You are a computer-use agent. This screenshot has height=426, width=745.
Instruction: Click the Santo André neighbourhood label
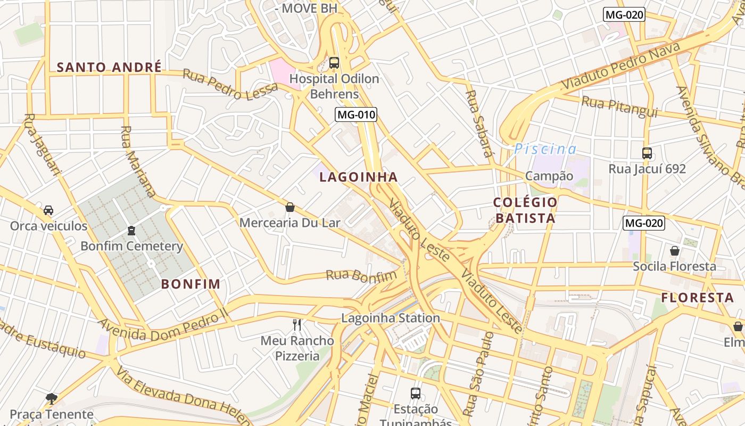(109, 67)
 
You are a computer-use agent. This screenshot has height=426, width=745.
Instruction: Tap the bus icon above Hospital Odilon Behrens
(334, 63)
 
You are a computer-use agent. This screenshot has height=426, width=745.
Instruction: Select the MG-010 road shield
(356, 114)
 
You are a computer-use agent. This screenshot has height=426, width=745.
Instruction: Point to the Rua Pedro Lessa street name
(230, 84)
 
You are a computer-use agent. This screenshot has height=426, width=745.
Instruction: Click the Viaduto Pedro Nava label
(620, 67)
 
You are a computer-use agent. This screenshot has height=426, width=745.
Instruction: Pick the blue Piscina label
(545, 149)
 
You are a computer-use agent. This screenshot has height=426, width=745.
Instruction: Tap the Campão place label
(549, 176)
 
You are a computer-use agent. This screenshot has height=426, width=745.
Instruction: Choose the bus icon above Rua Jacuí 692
(647, 153)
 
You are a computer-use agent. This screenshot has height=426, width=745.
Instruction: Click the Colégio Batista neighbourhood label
(525, 210)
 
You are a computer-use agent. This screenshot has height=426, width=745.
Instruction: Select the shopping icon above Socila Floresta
(674, 250)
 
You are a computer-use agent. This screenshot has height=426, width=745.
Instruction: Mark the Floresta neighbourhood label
(697, 298)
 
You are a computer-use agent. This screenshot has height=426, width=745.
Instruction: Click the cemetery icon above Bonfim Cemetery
(131, 231)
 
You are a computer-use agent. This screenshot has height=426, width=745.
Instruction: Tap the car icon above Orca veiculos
(48, 210)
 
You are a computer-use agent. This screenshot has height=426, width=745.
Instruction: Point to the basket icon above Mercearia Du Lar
(290, 207)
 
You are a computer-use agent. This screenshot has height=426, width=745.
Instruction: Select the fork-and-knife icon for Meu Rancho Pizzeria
(297, 324)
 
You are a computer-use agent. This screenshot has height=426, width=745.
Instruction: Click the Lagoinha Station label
(391, 318)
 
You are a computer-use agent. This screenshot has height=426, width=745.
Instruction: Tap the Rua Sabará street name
(478, 124)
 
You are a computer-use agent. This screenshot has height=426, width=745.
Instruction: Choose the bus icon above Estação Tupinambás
(416, 394)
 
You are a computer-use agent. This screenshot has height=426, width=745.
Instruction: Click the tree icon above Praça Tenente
(52, 398)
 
